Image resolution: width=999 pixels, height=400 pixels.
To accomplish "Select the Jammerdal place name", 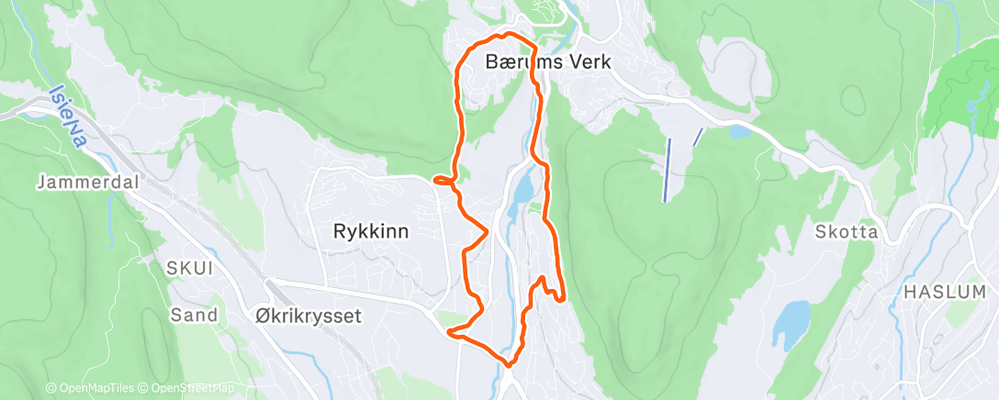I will (x=87, y=183).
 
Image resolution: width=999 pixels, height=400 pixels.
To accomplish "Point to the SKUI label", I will (x=190, y=268).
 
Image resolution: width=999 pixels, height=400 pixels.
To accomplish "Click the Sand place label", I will (x=194, y=316).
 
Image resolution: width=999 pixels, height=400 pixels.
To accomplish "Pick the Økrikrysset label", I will (x=308, y=316).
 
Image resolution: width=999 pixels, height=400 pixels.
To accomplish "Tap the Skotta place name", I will (x=846, y=232).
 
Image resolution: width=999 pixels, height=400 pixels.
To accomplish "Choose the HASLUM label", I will (x=945, y=291).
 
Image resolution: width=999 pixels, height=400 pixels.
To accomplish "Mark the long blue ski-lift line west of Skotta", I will (x=666, y=170).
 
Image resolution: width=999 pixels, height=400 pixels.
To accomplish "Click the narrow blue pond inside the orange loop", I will (x=522, y=188).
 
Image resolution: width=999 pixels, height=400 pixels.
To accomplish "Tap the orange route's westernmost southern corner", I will (x=451, y=333).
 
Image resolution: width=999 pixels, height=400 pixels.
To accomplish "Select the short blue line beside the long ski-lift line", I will (x=698, y=138).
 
